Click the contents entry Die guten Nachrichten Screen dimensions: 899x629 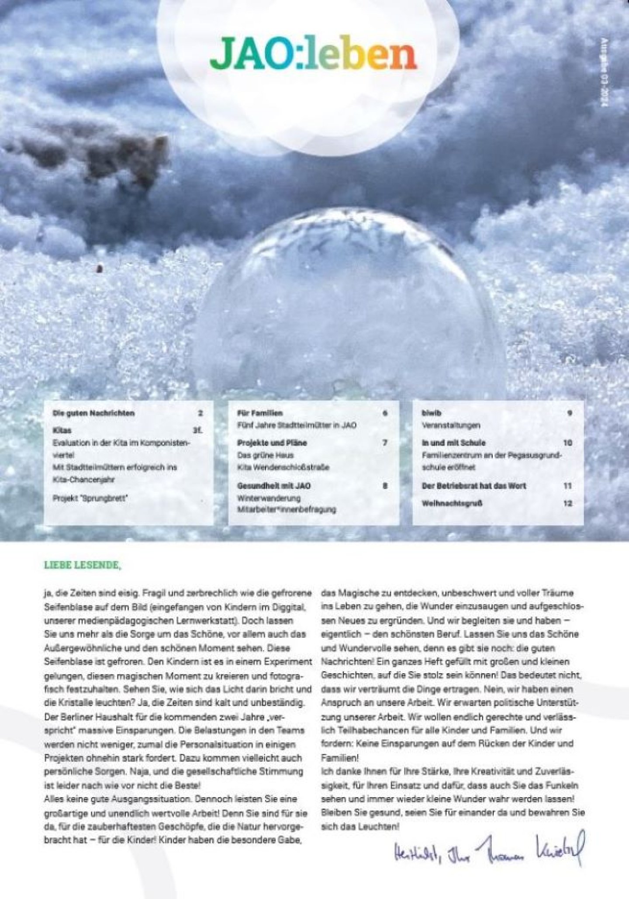tap(93, 413)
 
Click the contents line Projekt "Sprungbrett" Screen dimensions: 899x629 tap(90, 498)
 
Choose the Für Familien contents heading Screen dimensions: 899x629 tap(260, 413)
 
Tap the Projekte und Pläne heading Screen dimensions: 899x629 tap(272, 443)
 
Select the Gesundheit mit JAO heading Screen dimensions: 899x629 tap(274, 486)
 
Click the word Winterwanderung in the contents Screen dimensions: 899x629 tap(269, 498)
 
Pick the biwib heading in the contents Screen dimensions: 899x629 tap(431, 413)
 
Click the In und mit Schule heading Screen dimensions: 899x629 tap(453, 443)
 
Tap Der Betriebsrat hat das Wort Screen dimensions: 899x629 tap(473, 486)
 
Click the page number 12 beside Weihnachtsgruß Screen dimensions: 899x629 tap(567, 503)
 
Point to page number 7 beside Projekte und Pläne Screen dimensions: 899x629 tap(385, 443)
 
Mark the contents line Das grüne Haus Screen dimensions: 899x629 tap(265, 455)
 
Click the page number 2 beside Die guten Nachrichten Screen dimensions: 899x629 tap(200, 413)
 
